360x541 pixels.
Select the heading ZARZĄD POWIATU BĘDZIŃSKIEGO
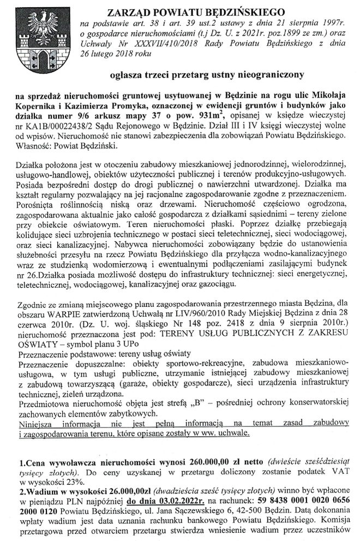(196, 11)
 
